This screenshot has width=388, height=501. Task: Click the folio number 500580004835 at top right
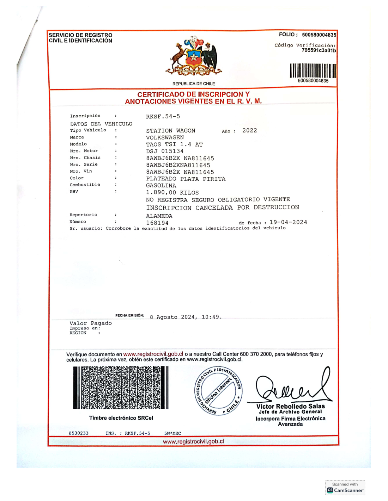[319, 35]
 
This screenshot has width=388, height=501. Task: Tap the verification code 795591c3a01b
[319, 50]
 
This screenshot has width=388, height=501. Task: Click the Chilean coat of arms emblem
[194, 56]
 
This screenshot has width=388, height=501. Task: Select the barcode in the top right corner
[313, 70]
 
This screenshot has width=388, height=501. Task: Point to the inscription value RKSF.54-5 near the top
[163, 116]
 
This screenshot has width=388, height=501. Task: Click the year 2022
[249, 130]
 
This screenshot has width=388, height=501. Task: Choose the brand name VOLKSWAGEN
[165, 137]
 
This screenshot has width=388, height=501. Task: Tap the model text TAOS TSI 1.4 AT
[174, 144]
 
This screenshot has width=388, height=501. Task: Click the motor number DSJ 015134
[165, 151]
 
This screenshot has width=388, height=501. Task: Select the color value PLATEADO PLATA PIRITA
[186, 179]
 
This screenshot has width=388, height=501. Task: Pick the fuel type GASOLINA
[161, 186]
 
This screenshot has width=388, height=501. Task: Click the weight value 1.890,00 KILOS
[172, 193]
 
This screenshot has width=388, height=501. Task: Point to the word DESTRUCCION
[276, 207]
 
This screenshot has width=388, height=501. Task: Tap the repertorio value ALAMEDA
[159, 216]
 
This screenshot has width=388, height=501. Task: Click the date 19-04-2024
[288, 222]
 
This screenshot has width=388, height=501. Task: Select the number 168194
[157, 223]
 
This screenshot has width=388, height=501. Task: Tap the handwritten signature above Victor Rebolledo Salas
[293, 387]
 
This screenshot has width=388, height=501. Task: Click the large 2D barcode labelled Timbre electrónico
[121, 388]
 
